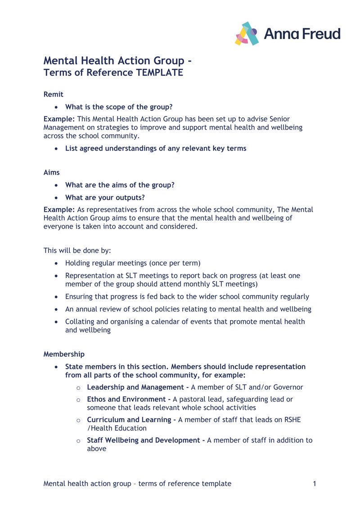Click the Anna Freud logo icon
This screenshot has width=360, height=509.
pos(247,34)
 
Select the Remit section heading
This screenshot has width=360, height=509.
pos(53,94)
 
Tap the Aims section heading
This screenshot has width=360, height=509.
pos(51,173)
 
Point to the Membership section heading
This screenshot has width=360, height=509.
pos(63,354)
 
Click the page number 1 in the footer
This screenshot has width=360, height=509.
pos(315,484)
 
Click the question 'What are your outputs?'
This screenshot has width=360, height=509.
pos(105,198)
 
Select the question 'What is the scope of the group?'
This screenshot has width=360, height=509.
pos(119,107)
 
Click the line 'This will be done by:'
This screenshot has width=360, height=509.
pos(77,250)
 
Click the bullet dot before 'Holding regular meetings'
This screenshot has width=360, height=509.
pos(56,263)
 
